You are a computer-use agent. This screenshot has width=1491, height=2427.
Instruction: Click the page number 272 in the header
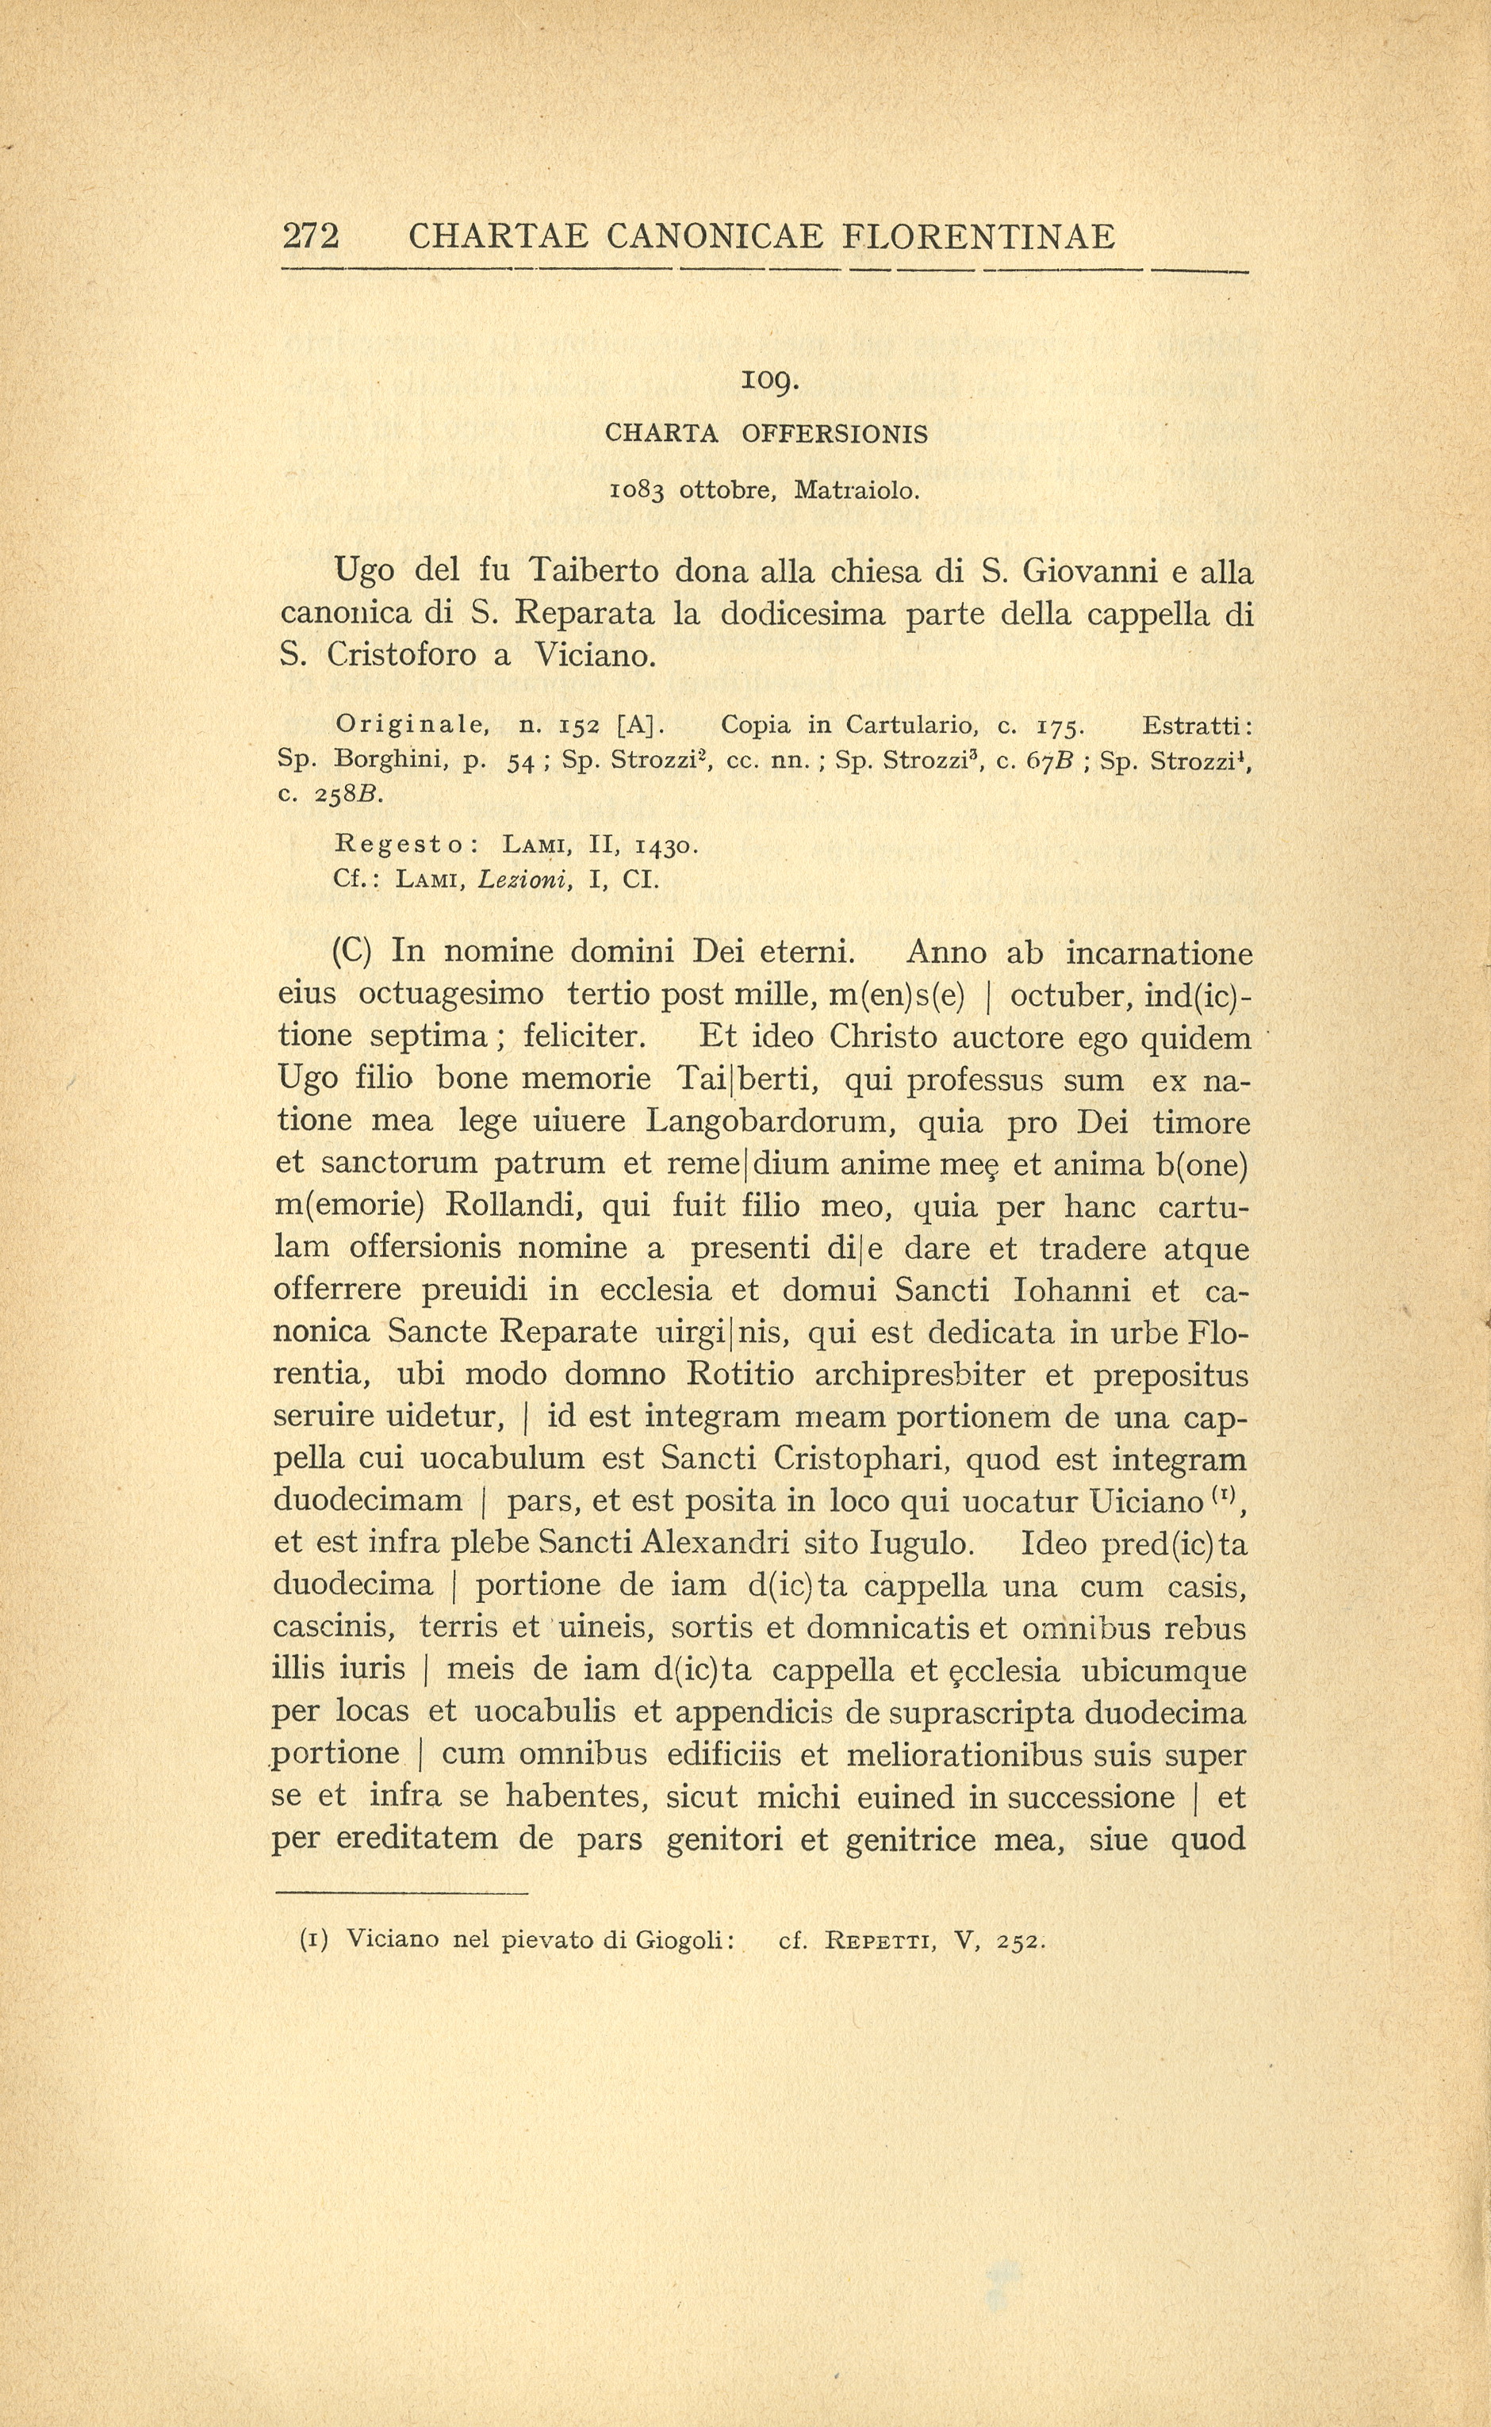[x=311, y=236]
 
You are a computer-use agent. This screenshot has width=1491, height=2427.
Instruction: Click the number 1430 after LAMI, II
[x=667, y=845]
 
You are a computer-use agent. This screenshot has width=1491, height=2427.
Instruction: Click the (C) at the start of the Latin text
[x=351, y=952]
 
